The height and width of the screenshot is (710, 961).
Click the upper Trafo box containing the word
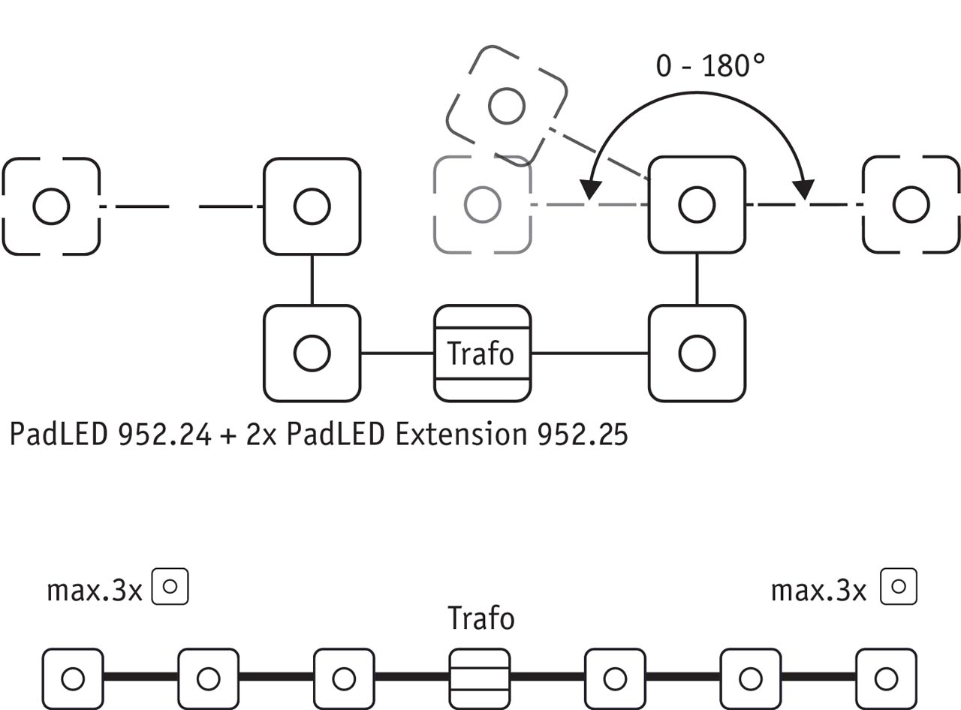482,353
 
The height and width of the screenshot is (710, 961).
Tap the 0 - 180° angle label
709,66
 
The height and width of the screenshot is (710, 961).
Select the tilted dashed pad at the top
506,106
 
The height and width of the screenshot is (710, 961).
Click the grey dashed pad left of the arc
482,203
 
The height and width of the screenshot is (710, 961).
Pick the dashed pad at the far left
51,206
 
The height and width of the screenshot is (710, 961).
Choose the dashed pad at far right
911,204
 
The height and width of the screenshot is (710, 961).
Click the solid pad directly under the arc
697,204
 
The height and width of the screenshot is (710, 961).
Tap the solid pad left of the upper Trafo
312,353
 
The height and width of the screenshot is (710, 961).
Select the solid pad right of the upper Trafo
697,353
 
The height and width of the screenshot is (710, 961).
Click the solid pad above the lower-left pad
312,206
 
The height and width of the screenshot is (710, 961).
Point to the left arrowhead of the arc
592,192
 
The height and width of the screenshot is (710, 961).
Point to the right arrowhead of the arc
806,191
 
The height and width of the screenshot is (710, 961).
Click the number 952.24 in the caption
164,435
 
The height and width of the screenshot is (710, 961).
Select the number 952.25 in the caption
582,435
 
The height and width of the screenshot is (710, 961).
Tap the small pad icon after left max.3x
170,586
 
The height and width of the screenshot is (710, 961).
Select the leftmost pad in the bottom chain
72,679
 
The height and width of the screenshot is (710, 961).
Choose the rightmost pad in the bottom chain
886,679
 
